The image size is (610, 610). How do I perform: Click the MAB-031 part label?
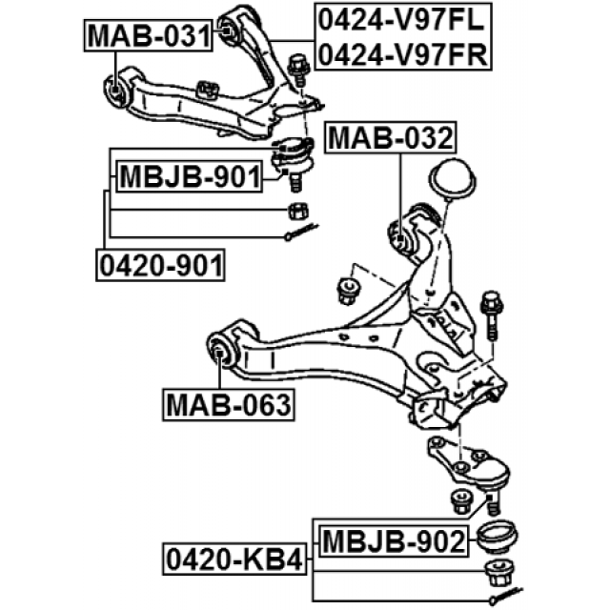coord(148,37)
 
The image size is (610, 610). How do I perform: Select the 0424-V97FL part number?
coord(402,17)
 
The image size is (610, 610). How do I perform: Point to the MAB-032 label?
coord(389,139)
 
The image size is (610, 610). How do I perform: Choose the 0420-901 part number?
coord(160,263)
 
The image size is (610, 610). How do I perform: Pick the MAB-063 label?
coord(228,404)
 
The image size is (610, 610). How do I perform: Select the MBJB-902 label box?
coord(394,542)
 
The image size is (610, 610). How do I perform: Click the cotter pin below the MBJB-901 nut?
coord(301,232)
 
